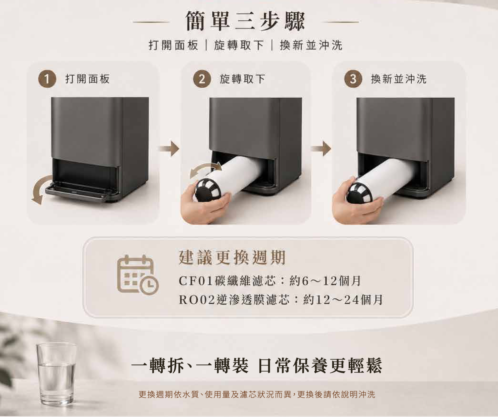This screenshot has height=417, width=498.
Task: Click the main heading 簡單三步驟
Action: [245, 21]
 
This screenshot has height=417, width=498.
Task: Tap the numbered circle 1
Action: [47, 79]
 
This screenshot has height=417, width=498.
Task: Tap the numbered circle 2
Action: [202, 79]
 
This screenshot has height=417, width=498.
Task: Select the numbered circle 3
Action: [353, 79]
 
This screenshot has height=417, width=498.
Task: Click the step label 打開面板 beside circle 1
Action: [88, 79]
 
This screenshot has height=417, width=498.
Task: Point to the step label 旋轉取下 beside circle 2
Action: [242, 79]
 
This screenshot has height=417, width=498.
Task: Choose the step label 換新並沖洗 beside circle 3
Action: [398, 79]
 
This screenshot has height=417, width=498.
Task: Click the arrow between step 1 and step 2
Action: [169, 149]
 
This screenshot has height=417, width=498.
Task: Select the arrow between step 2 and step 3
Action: [321, 149]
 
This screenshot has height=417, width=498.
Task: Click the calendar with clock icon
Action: [138, 275]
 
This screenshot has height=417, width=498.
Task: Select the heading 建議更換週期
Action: [232, 258]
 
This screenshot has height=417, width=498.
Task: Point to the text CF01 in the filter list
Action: [196, 281]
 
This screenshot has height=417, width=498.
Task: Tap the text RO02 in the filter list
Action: [197, 300]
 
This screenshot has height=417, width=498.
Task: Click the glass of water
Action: [56, 374]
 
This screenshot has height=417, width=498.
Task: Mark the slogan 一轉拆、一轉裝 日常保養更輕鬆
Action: [257, 366]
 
